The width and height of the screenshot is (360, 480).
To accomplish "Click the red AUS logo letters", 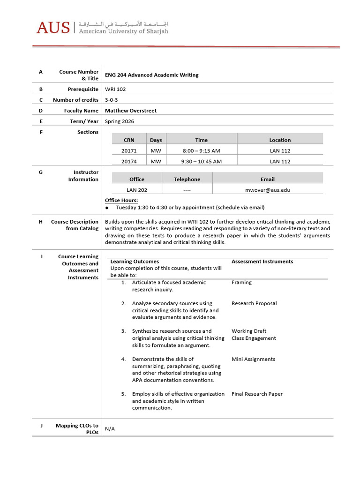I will coord(52,28).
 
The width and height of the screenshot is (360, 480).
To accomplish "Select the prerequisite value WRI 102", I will coord(115,89).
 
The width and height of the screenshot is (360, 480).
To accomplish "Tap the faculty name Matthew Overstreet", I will coord(131,111).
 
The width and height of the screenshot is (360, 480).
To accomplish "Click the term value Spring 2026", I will coord(120,121).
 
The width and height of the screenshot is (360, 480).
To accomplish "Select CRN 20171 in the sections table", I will coord(129,151).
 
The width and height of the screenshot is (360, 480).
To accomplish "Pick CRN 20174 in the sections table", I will coord(129,161).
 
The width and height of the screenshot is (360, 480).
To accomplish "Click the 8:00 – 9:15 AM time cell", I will coord(201,151).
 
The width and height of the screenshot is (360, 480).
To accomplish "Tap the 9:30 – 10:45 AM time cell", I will coord(201,161).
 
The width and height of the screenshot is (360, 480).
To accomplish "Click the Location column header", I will coord(280,140).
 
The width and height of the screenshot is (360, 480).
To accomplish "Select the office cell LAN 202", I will coord(137,190).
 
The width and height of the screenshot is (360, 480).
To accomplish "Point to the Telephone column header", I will coord(187,179).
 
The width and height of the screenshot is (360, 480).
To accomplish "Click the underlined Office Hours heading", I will coord(121,201).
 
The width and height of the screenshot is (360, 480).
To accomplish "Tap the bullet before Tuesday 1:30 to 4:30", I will coord(107,208).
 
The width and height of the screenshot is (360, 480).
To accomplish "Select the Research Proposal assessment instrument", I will coord(254,303).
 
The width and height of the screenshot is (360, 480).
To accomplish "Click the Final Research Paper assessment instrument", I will coord(257,394).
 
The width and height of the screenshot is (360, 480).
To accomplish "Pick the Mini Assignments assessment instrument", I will coord(253,359).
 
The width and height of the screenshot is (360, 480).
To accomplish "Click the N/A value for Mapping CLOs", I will coord(110,429).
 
